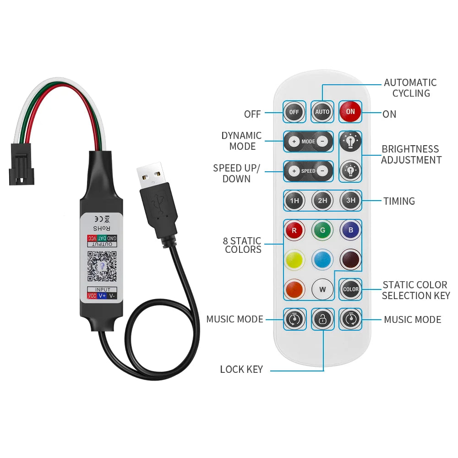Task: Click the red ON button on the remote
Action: [x=350, y=112]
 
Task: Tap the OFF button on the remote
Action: [x=294, y=112]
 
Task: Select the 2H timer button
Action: [x=322, y=201]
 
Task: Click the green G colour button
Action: [x=322, y=230]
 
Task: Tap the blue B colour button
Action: [x=350, y=230]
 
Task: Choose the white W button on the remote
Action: [x=322, y=289]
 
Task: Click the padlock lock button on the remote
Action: [x=322, y=319]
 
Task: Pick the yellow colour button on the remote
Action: [x=294, y=260]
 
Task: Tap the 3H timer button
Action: [x=350, y=201]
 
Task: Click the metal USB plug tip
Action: [x=150, y=173]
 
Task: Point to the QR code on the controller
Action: [x=102, y=266]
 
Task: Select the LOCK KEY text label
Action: [x=241, y=370]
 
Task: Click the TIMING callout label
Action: [x=399, y=201]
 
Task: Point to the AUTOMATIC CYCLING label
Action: [x=410, y=88]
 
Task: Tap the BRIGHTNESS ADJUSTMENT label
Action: [x=411, y=155]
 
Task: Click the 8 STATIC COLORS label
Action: [x=243, y=245]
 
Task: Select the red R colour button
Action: [x=294, y=230]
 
